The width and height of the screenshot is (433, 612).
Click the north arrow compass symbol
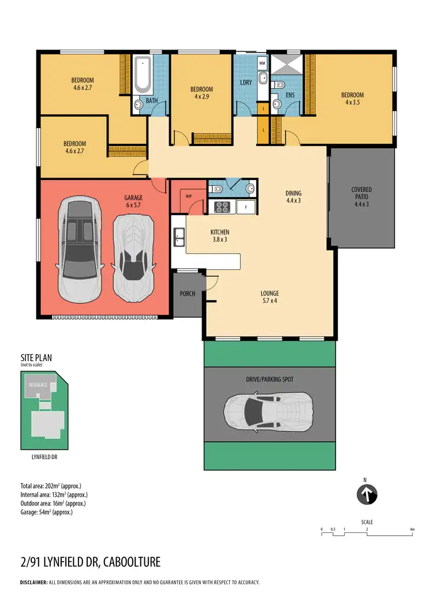pos(367,494)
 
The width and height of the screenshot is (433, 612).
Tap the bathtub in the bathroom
pos(141,75)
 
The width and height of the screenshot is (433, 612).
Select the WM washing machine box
pos(262,62)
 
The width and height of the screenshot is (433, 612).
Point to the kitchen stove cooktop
pos(222,206)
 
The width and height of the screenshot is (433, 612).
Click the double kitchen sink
pos(179,234)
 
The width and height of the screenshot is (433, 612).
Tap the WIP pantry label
pos(188,196)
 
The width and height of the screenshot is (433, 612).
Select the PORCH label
pos(187,294)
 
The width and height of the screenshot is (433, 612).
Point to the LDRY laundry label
pos(246,82)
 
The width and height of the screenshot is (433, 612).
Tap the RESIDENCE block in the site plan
pos(39,383)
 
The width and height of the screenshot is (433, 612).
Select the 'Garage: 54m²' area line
pos(47,512)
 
